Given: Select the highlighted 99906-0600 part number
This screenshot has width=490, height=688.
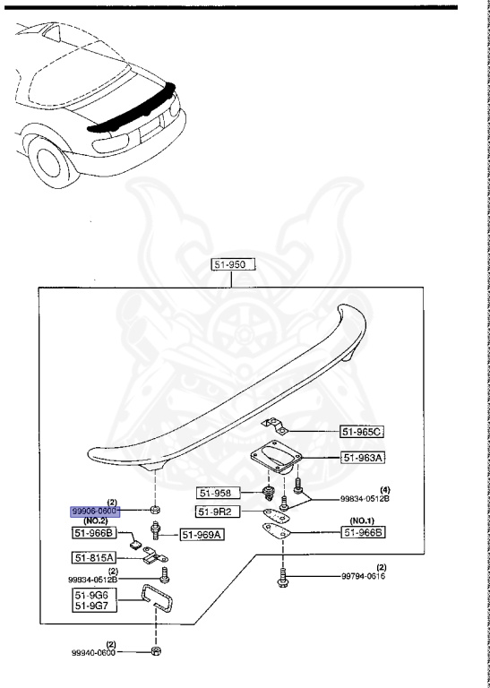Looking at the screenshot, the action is coord(95,512).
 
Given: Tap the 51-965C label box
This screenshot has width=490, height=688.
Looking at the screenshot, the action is coord(362,432).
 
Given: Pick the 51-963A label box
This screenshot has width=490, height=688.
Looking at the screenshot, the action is coord(363,458).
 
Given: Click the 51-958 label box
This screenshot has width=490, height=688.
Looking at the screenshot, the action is coord(219,494).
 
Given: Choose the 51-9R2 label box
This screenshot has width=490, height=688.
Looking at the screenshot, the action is coord(218,512).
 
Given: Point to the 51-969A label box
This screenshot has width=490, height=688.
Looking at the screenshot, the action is coord(202,535).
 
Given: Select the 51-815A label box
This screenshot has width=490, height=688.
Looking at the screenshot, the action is coord(93,558).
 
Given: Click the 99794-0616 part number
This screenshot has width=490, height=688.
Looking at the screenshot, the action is coord(363,576).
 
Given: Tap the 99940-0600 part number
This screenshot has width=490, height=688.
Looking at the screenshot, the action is coord(93,652).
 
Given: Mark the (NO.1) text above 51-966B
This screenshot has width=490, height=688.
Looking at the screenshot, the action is coord(363,520).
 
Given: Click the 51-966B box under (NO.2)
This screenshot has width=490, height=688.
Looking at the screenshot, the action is coord(93,533).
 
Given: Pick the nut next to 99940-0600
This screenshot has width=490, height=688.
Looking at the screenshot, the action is coord(155,651).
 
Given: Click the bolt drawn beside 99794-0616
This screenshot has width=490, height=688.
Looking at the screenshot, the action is coord(282,576).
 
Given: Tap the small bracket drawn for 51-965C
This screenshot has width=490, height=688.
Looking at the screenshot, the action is coord(274,426).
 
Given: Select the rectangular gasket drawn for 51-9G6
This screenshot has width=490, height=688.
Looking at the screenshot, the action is coord(155,598).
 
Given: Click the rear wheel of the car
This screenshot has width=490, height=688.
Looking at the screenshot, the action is coord(49,161).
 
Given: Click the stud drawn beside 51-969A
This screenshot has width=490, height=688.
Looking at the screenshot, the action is coord(156,529).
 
